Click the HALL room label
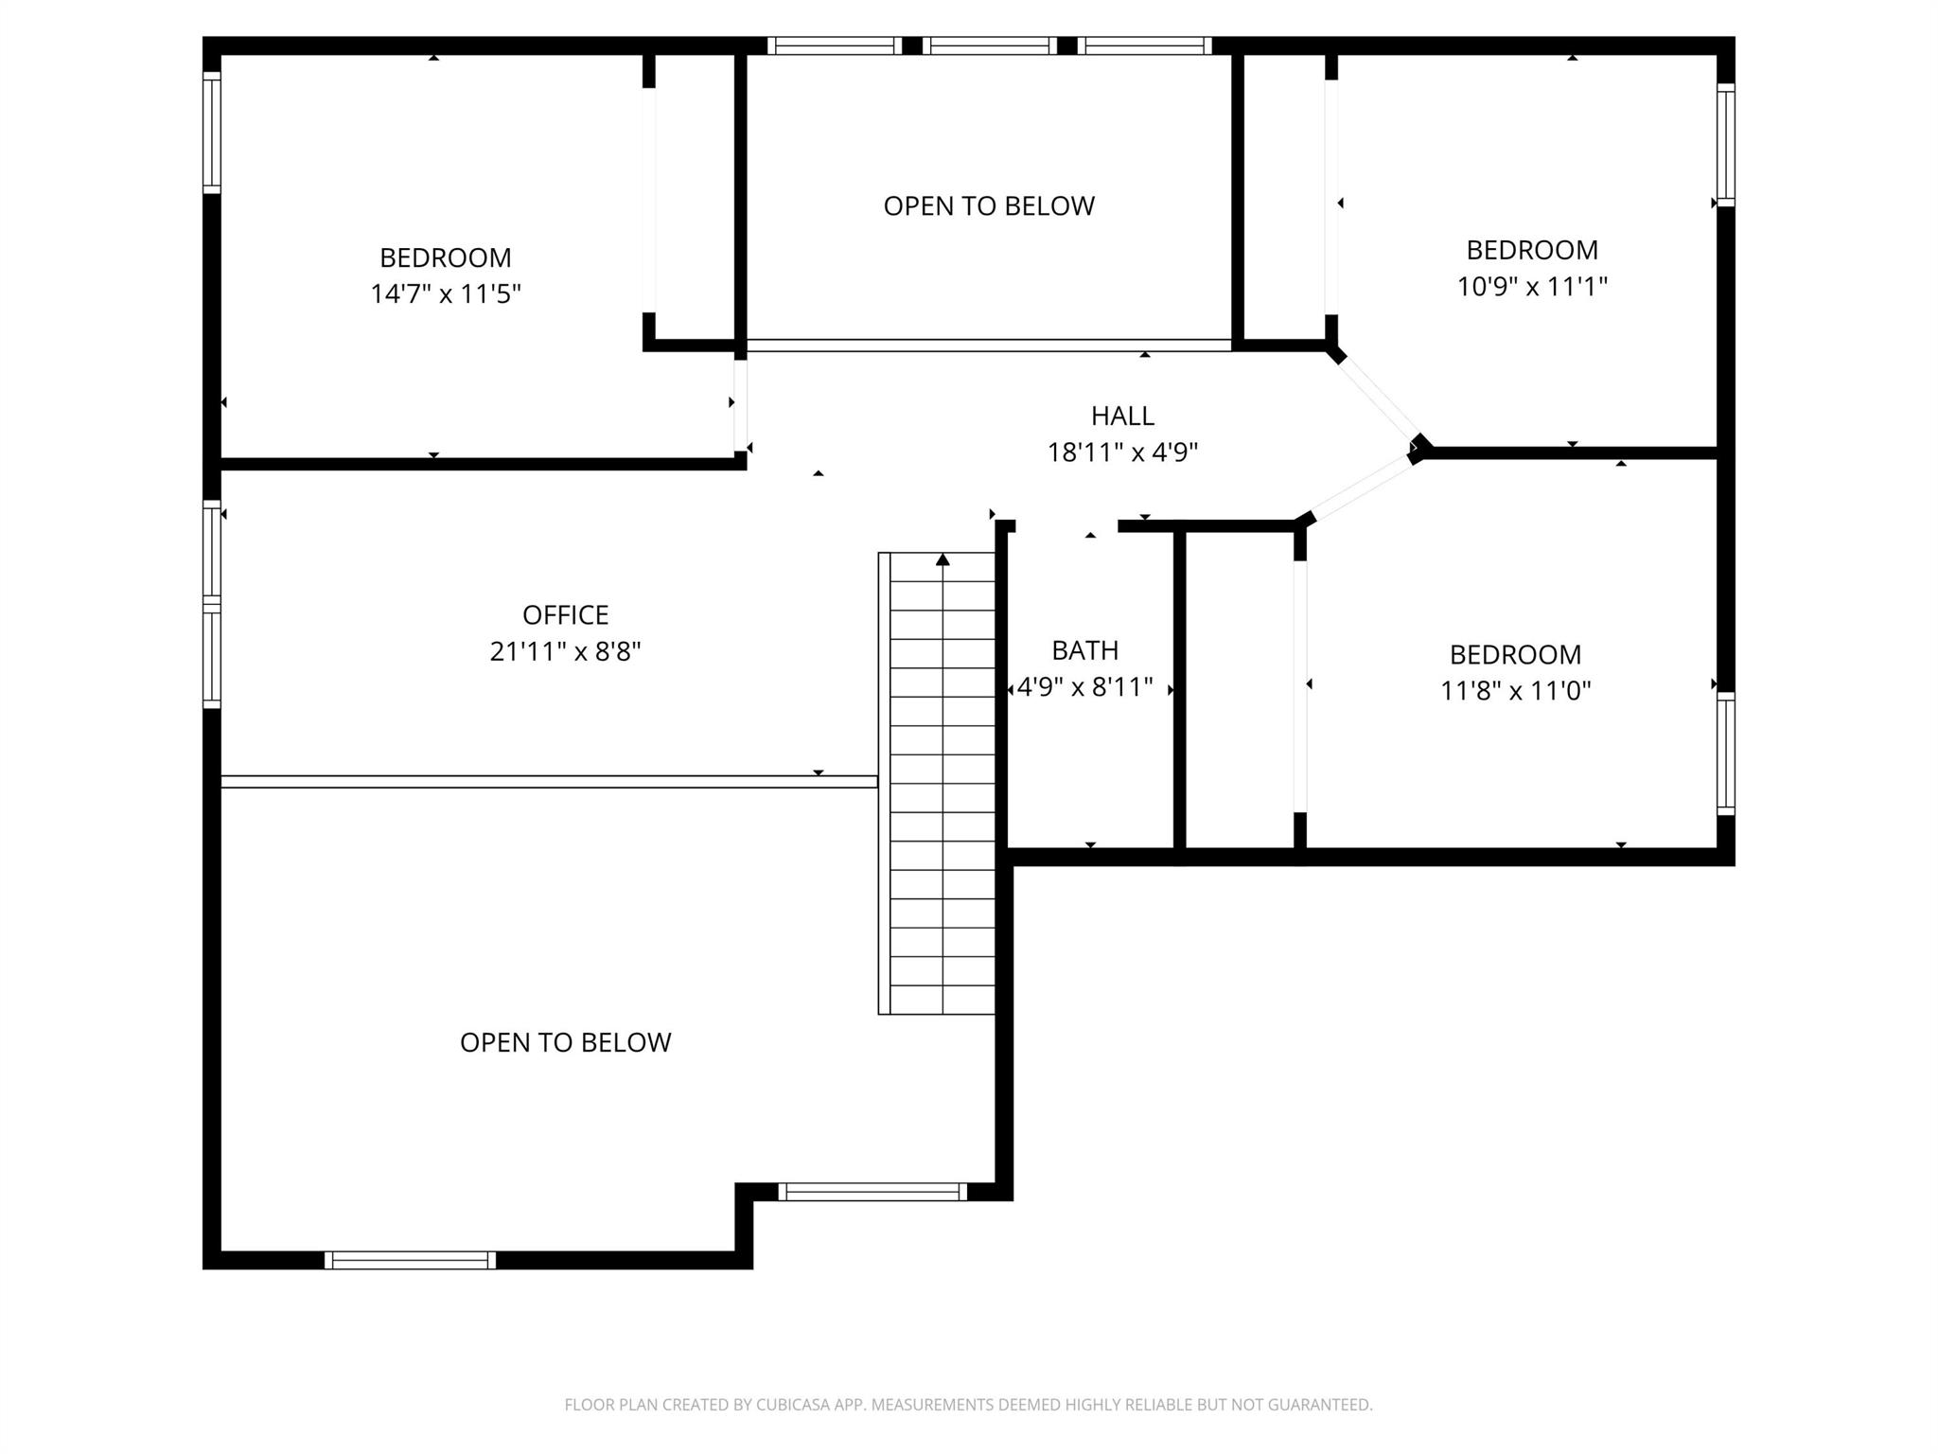(x=1122, y=416)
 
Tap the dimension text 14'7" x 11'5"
(x=446, y=293)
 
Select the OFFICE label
(x=565, y=615)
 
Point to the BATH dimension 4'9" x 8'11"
(x=1084, y=686)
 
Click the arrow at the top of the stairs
(x=943, y=559)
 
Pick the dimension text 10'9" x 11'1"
(x=1532, y=286)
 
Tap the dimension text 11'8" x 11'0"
(x=1515, y=690)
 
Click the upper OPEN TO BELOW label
(x=989, y=205)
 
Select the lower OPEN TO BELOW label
(x=565, y=1042)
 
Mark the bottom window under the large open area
(x=410, y=1260)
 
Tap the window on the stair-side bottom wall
(x=872, y=1192)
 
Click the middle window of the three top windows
(x=989, y=45)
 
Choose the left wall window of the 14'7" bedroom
(x=212, y=133)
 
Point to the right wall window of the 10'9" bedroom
(x=1726, y=145)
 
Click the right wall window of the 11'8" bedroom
(x=1726, y=754)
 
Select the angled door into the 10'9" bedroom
(x=1377, y=399)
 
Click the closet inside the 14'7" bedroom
(x=693, y=199)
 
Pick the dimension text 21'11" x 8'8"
(x=565, y=651)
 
